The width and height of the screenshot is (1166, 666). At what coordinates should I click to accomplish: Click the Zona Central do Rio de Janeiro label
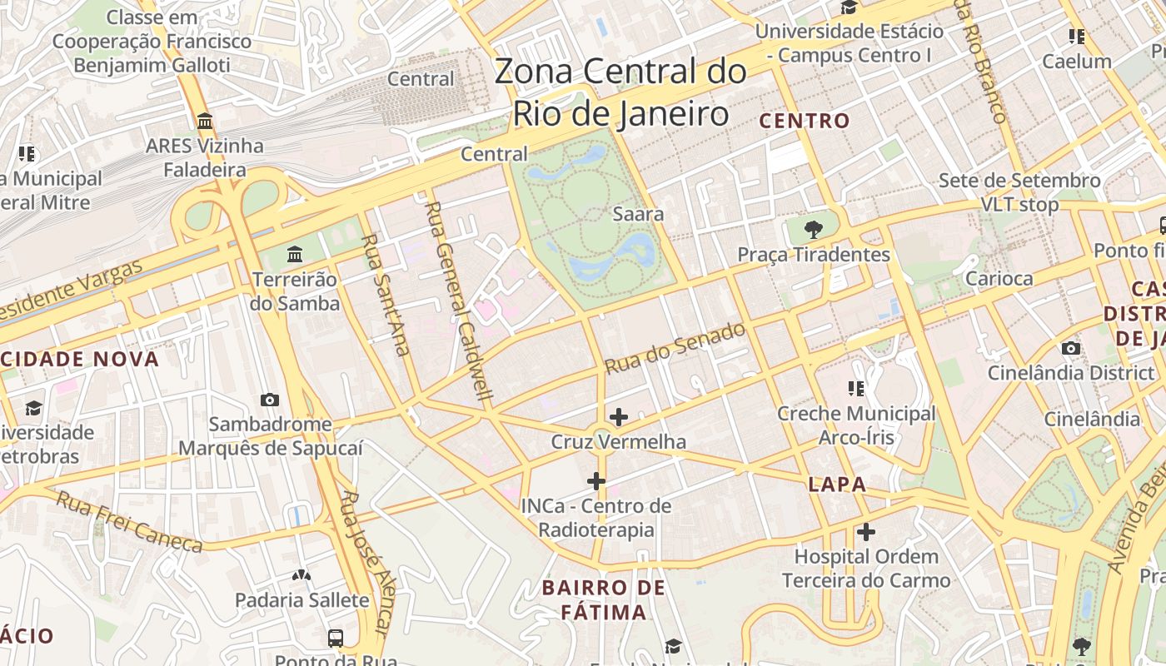tap(620, 92)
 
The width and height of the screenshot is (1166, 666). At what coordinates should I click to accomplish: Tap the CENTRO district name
tap(805, 121)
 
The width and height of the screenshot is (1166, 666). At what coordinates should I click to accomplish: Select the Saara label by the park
tap(638, 214)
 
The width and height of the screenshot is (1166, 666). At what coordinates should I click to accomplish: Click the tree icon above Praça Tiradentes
tap(813, 230)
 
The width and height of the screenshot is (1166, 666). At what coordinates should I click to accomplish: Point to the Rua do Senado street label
tap(675, 348)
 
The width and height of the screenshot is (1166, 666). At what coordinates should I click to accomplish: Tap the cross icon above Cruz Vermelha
tap(618, 416)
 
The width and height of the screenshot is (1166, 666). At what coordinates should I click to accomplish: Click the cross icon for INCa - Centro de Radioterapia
tap(595, 480)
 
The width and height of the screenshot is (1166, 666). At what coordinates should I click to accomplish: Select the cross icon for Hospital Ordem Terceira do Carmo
tap(866, 531)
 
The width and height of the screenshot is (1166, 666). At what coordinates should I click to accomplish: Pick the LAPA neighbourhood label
tap(837, 485)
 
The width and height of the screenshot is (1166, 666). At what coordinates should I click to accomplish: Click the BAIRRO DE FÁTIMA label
tap(604, 600)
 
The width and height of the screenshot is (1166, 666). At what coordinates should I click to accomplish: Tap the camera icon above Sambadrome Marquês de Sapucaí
tap(269, 400)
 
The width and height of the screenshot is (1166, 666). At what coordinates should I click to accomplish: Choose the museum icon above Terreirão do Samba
tap(294, 254)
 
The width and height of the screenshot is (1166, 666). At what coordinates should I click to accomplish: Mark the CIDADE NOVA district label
tap(79, 360)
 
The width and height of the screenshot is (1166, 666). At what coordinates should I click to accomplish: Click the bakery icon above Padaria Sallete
tap(301, 575)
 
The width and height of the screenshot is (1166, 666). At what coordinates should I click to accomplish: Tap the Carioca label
tap(999, 279)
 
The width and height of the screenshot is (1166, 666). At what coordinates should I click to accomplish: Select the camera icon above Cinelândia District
tap(1070, 348)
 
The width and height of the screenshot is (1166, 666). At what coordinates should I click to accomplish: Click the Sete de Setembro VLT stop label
tap(1019, 192)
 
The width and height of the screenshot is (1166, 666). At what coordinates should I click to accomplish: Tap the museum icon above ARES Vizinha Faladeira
tap(205, 122)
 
